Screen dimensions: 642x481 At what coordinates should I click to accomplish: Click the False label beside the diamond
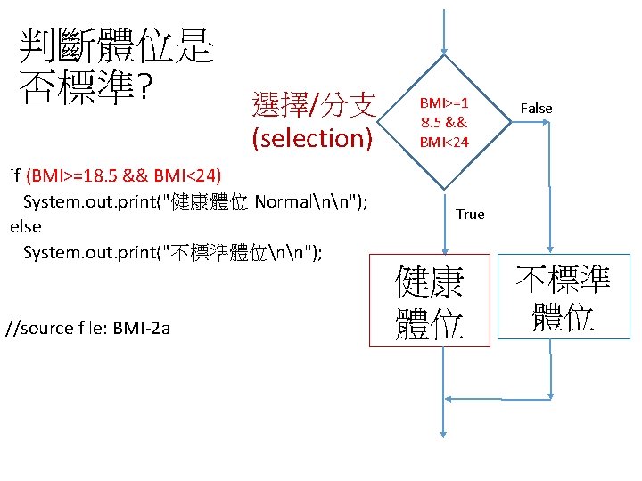(x=536, y=108)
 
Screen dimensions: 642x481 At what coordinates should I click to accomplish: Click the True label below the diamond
(x=469, y=214)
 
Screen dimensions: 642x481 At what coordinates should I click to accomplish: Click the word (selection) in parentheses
(x=312, y=138)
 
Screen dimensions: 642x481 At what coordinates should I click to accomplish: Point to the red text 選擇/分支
(x=314, y=104)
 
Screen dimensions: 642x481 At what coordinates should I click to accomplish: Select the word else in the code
(x=25, y=226)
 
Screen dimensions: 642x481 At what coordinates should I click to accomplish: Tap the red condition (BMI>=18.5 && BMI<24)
(x=125, y=173)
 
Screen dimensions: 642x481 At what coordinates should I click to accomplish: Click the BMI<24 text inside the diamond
(x=444, y=141)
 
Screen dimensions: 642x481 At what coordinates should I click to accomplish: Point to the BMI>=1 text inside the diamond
(x=444, y=102)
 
